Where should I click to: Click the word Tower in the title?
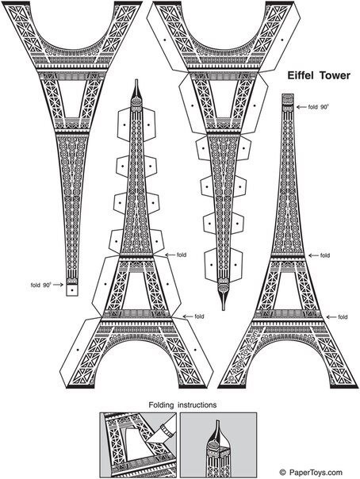point(335,75)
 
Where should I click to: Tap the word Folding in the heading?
point(161,405)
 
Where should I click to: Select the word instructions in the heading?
point(197,405)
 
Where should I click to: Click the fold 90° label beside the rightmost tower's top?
point(318,107)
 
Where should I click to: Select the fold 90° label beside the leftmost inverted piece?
point(40,285)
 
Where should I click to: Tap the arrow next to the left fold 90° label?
point(58,285)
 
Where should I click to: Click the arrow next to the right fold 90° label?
point(301,107)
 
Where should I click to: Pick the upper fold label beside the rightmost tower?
point(325,255)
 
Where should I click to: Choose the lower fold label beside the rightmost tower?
point(343,317)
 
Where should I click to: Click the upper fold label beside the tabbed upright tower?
point(182,255)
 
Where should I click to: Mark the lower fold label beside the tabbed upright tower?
point(199,316)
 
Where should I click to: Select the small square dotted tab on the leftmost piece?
point(72,290)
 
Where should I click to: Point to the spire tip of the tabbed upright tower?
point(136,80)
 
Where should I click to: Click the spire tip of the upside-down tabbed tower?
point(224,310)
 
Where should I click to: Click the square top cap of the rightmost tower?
point(288,99)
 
